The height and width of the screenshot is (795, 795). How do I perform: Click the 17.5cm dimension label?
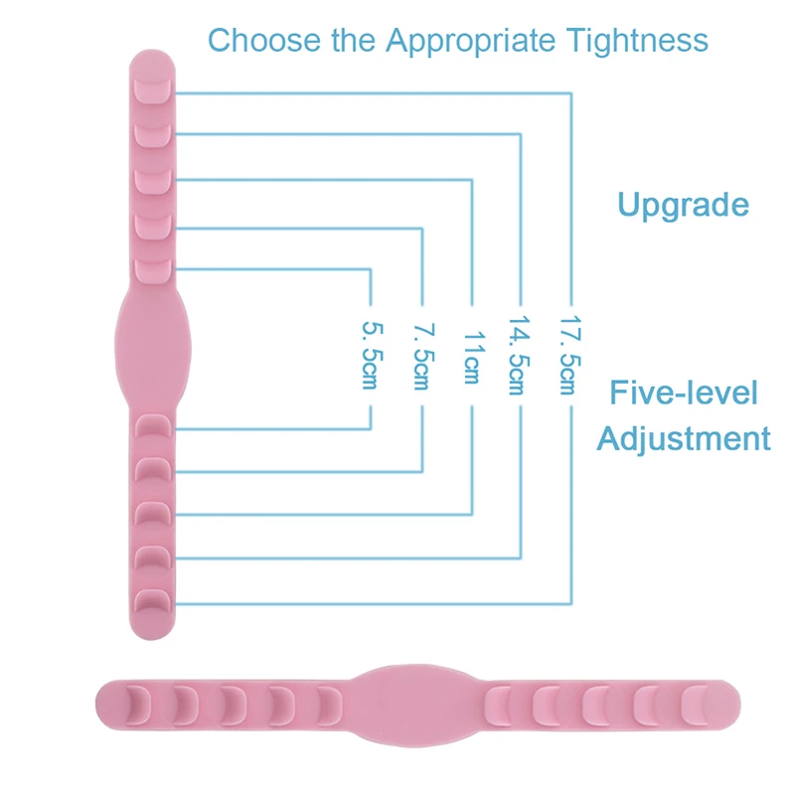(567, 356)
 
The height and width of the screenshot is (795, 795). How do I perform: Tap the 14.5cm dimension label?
(517, 356)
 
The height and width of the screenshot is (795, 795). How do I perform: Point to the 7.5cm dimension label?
(421, 356)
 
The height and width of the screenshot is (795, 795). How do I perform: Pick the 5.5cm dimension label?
(370, 356)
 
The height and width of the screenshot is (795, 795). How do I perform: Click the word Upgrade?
(683, 205)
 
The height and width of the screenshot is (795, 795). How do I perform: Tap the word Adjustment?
(684, 437)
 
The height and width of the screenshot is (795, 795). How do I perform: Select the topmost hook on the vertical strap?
(152, 90)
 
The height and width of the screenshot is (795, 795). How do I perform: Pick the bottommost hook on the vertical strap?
(152, 600)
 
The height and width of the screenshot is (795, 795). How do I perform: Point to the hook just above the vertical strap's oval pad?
(152, 268)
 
